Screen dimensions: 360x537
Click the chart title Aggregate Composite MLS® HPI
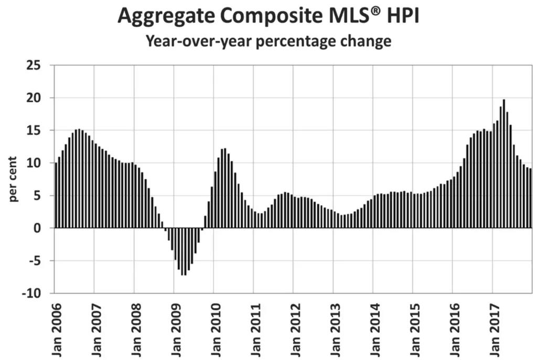pyautogui.click(x=268, y=16)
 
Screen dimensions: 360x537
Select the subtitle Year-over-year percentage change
pyautogui.click(x=268, y=41)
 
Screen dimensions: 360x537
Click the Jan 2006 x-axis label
pyautogui.click(x=56, y=330)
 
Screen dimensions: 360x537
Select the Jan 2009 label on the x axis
pyautogui.click(x=175, y=330)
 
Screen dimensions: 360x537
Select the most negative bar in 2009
pyautogui.click(x=182, y=252)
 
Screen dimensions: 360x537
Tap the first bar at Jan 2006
pyautogui.click(x=56, y=195)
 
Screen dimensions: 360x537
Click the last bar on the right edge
pyautogui.click(x=530, y=198)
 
